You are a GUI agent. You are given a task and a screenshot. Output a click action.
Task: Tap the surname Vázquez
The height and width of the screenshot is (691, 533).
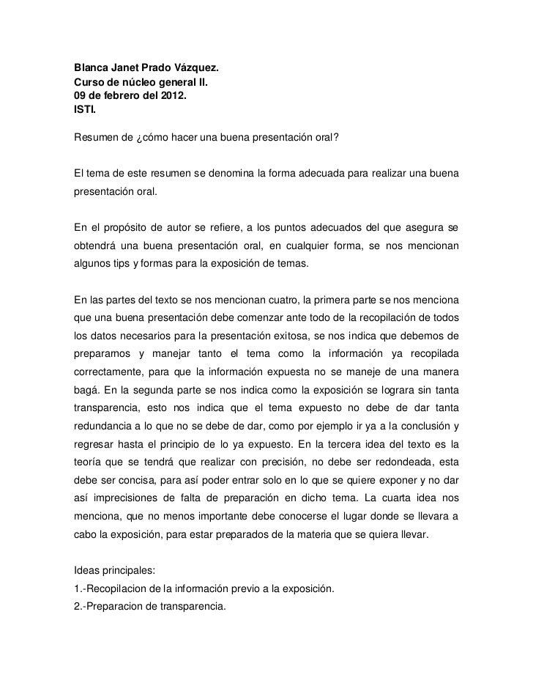point(193,69)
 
